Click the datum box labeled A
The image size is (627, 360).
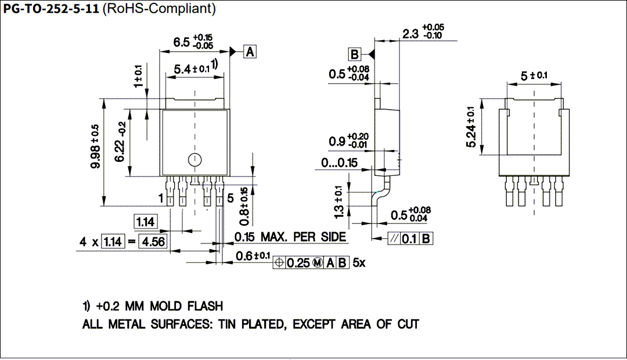(250, 52)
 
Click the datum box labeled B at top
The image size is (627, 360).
(354, 55)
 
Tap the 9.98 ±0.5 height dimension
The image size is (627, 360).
(95, 146)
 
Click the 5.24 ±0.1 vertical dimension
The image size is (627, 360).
(471, 127)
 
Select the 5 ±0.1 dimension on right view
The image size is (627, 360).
(534, 76)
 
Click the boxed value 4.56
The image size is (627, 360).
(153, 242)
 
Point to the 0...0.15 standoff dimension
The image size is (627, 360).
(340, 163)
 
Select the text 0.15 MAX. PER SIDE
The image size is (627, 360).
(290, 237)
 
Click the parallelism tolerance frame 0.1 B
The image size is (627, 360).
(410, 238)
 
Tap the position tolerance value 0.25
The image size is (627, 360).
(298, 262)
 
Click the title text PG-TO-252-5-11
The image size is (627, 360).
(51, 9)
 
